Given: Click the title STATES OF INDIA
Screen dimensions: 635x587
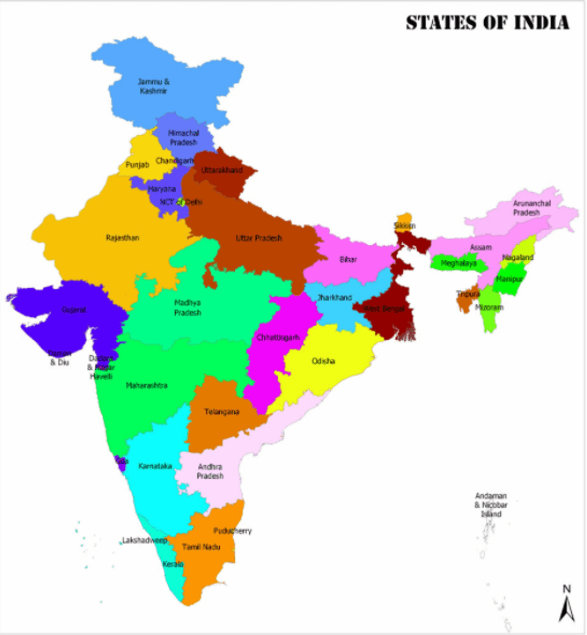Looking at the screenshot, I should coord(488,23).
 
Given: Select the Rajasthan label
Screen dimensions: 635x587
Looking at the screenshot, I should coord(122,238).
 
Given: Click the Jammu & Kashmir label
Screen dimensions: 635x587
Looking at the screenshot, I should coord(154,86).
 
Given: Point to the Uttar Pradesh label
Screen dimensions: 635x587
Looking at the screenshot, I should coord(259,238).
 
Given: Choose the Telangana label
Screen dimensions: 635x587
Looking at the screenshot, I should coord(222,412).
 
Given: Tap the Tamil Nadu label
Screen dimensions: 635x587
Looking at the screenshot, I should coord(201,547).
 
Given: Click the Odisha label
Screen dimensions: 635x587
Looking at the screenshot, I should coord(323,361).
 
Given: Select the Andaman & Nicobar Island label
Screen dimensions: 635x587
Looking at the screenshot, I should coord(491,505).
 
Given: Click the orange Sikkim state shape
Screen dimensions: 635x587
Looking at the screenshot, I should coord(404,218).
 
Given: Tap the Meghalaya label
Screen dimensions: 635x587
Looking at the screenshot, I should coord(458,263).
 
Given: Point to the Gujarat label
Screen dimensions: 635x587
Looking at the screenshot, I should coord(74,309).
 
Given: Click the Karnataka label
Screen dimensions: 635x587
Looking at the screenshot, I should coord(155,466).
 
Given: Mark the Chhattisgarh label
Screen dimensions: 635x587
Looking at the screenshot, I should coord(278,337).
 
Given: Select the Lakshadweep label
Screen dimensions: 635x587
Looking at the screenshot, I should coord(144,541).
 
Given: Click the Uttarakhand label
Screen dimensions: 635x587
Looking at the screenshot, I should coord(222,170).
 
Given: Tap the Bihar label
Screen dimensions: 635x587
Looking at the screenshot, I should coord(348,259).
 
